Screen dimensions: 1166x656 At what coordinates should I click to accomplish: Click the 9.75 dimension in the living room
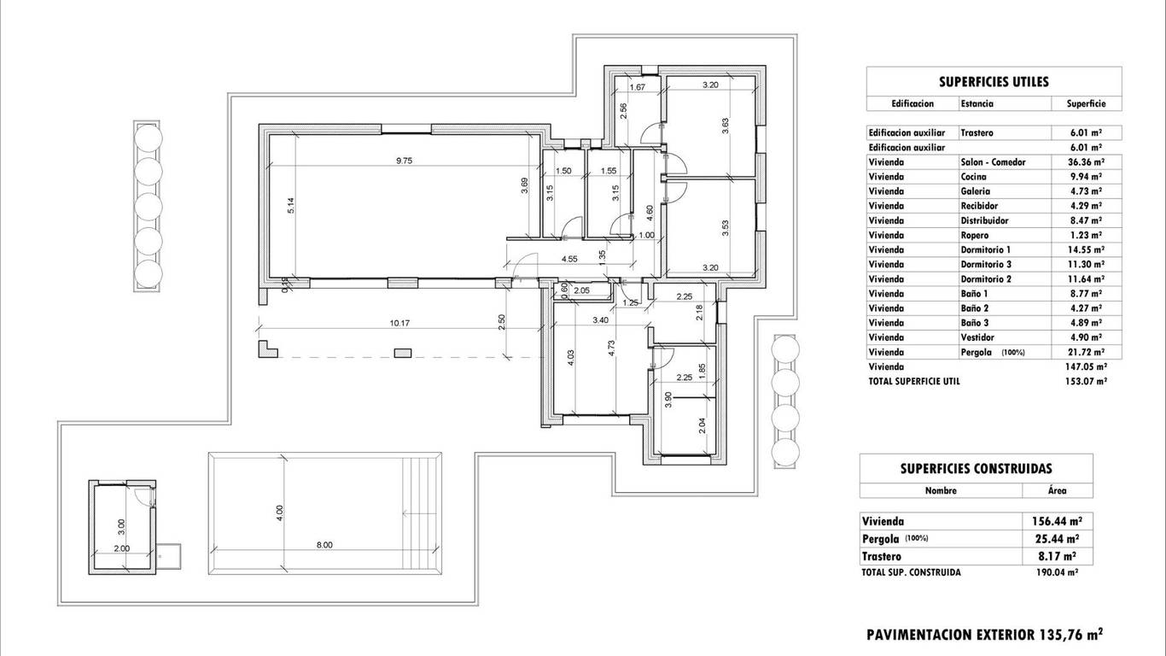(x=404, y=161)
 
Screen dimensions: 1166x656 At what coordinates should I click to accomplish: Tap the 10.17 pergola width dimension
(x=399, y=323)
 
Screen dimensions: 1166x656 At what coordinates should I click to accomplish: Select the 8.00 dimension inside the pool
(x=324, y=545)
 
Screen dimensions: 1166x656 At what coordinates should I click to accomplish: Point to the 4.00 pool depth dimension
(x=279, y=513)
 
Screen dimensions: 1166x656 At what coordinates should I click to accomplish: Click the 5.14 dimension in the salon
(x=291, y=205)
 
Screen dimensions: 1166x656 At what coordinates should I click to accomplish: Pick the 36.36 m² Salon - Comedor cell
(x=1087, y=162)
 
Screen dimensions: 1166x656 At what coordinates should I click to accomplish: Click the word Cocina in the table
(x=973, y=177)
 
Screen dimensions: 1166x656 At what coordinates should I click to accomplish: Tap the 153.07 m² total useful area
(x=1086, y=381)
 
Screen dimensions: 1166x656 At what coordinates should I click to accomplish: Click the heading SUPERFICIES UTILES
(x=994, y=82)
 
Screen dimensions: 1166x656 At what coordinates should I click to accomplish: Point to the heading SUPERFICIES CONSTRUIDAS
(x=976, y=468)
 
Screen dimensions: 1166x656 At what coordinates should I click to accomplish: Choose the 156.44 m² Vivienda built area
(x=1058, y=521)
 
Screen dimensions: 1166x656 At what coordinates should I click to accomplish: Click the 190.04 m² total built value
(x=1058, y=572)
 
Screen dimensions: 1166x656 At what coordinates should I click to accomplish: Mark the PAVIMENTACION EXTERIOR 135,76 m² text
(x=984, y=635)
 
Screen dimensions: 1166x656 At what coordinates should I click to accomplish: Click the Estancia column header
(x=977, y=103)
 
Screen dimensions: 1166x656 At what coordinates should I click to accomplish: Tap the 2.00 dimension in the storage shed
(x=122, y=548)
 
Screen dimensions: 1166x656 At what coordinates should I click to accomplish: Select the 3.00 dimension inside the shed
(x=121, y=527)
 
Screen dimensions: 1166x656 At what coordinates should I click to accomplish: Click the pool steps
(x=421, y=513)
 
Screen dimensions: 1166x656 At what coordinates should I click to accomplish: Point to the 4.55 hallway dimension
(x=569, y=259)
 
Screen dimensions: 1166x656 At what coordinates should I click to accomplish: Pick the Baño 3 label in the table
(x=975, y=323)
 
